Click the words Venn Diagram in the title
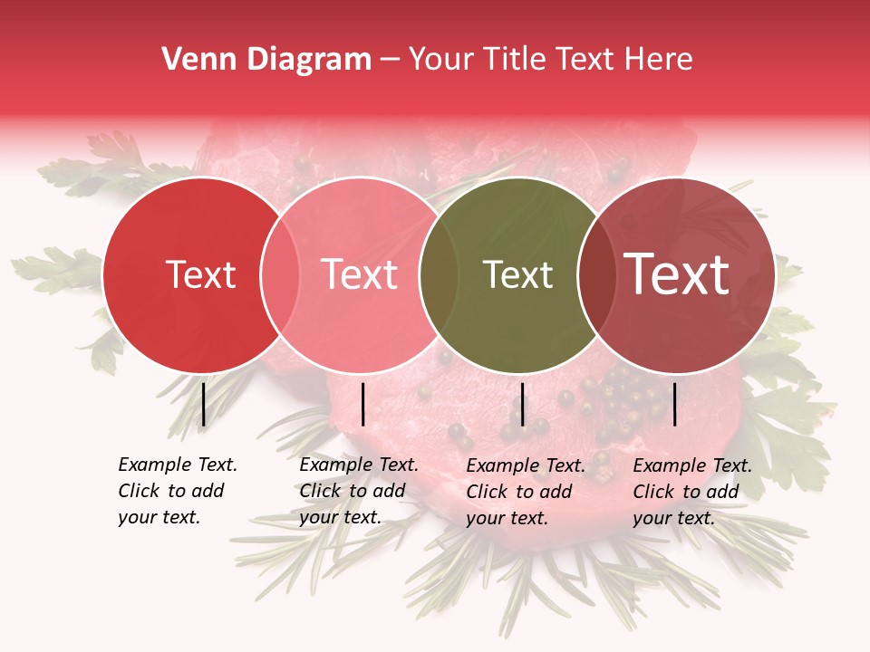pos(266,60)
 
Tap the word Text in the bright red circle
pos(200,274)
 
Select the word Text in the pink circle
pos(360,274)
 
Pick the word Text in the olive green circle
pos(517,274)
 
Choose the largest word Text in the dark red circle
pos(677,273)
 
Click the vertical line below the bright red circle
pos(204,404)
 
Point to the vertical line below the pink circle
pos(362,404)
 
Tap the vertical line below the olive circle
pos(522,404)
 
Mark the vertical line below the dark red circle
pos(675,404)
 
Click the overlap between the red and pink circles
pos(280,274)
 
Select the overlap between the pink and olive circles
pos(439,274)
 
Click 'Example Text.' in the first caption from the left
pos(178,465)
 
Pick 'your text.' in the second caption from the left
pos(340,517)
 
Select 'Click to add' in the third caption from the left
pos(519,492)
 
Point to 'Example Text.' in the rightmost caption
pos(692,465)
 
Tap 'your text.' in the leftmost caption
pos(159,517)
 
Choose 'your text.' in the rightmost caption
pos(673,518)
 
